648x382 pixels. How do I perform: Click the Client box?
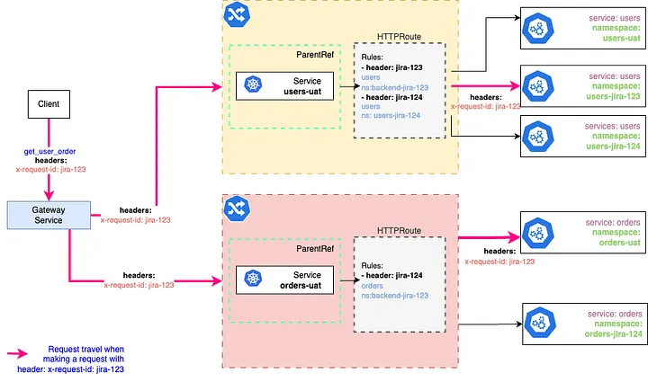[48, 105]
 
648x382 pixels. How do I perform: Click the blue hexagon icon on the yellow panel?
[238, 13]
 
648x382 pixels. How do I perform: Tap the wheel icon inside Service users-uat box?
[255, 86]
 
